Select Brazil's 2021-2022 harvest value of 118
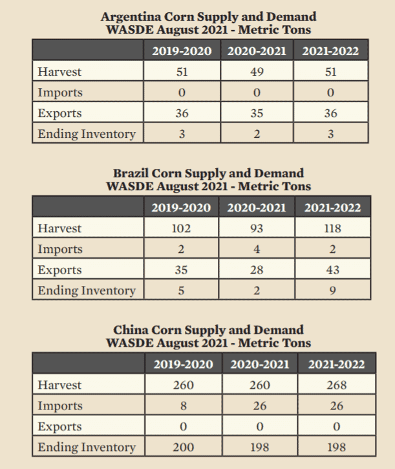click(333, 228)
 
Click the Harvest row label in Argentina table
click(59, 72)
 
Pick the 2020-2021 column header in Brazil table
click(257, 208)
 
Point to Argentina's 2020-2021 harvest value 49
click(256, 72)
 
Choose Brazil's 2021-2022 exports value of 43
click(333, 270)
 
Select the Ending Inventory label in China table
click(87, 447)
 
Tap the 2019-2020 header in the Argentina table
click(182, 51)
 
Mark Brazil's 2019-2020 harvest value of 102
click(182, 228)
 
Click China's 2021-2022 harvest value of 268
click(336, 385)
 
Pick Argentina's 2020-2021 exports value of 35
click(256, 113)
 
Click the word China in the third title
click(132, 330)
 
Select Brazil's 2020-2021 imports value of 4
click(257, 249)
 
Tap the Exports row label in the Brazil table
click(59, 270)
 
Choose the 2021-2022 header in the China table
click(336, 365)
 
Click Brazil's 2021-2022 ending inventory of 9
click(333, 290)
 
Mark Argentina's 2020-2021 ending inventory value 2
click(256, 134)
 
